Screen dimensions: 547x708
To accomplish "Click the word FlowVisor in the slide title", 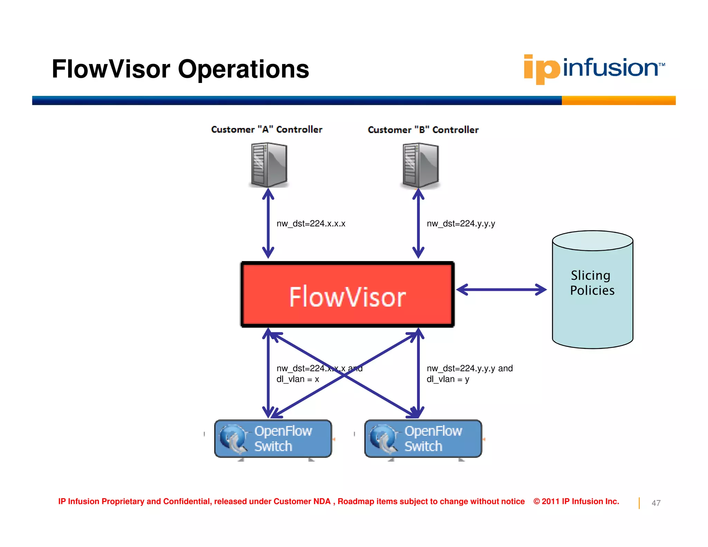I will coord(111,69).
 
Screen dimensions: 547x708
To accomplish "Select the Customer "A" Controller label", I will coord(267,129).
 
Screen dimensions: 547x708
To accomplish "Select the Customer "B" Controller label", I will coord(423,130).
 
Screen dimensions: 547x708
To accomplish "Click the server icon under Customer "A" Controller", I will coord(269,165).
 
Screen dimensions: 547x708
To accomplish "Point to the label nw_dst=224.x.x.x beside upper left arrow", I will coord(311,224).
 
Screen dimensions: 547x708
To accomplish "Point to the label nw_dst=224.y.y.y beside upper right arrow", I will coord(461,224).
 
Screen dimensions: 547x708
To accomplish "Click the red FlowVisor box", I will coord(347,295).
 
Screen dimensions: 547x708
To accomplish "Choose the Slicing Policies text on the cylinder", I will coord(592,283).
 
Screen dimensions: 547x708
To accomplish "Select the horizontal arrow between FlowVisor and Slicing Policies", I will coord(501,289).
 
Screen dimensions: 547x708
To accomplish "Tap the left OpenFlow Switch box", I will coord(273,438).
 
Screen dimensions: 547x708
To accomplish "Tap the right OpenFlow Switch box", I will coord(423,438).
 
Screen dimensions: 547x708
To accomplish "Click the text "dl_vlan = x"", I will coord(298,379).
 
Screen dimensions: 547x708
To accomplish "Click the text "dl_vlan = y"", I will coord(448,379).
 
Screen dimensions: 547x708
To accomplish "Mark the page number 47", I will coord(656,503).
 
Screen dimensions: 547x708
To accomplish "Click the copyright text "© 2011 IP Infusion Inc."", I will coord(576,501).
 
